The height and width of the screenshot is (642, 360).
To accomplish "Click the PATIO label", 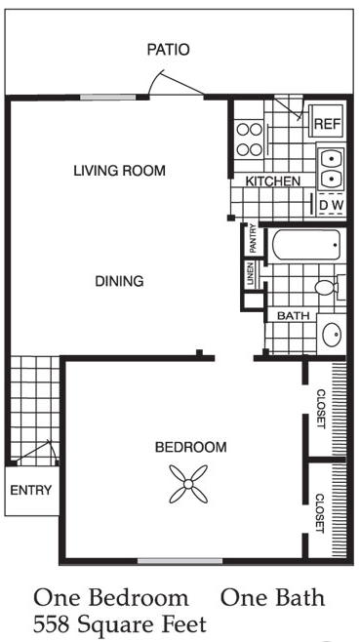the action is pos(169,50).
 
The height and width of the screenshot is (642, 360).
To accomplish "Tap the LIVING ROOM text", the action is pos(120,171).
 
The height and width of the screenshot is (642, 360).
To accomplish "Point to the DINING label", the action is pos(119,281).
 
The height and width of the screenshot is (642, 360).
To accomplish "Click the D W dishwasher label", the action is pos(332,206).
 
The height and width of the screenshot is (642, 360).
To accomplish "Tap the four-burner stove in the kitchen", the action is pos(250,140).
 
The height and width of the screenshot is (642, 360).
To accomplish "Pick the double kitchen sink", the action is pos(331,168).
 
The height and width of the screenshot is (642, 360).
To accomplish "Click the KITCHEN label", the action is pos(273,181).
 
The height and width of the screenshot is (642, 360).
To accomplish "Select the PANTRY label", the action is pos(253,239).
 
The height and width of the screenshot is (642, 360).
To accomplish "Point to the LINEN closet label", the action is pos(250,274).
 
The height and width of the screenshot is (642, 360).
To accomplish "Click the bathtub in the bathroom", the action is pos(306,245).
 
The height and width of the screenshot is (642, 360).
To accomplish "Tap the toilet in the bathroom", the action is pos(330,286).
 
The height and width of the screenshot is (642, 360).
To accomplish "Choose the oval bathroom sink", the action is pos(332,335).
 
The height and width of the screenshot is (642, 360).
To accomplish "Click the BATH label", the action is pos(291,316).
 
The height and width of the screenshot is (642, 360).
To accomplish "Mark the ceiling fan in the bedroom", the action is pos(188,484).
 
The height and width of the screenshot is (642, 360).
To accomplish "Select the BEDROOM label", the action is pos(191,447).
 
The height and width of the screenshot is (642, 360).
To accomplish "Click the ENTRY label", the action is pos(31,490).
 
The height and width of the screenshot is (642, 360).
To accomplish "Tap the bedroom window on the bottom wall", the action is pos(180,561).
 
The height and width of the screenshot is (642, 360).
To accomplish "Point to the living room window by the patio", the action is pos(107,98).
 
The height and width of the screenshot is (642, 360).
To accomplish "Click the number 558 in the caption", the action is pos(51,624).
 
